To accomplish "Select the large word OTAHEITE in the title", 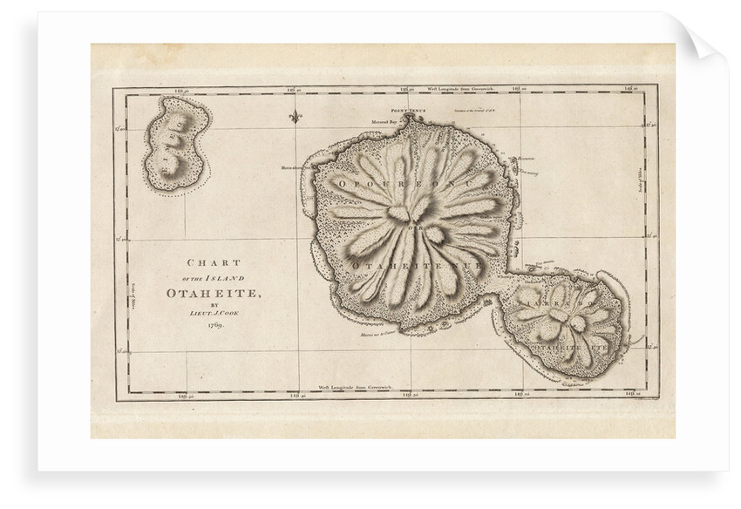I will pos(213,293).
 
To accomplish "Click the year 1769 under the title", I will pos(214,324).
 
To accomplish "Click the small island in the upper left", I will pos(177,145).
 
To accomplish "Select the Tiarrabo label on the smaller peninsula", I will pos(558,306).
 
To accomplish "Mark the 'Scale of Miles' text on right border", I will pos(642,180).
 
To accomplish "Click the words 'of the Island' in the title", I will pos(214,278).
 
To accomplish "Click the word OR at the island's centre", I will pos(415,228).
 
